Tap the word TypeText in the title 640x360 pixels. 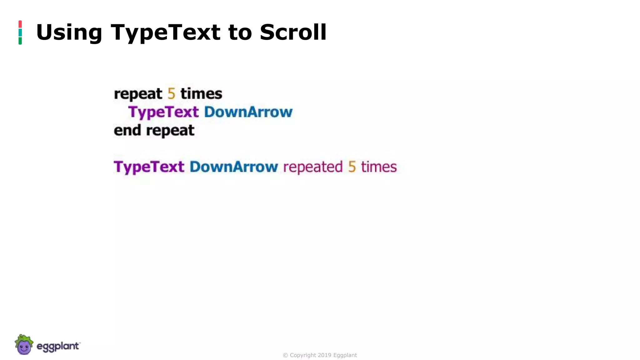coord(166,32)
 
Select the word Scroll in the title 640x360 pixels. coord(293,32)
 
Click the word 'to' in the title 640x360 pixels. coord(240,32)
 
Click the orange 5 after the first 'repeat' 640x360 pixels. coord(171,94)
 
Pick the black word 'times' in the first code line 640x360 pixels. coord(201,94)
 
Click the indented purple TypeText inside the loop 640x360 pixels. coord(163,112)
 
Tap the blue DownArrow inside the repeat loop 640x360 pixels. coord(248,112)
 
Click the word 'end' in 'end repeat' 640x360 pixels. coord(127,130)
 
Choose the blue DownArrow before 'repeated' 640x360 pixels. coord(233,167)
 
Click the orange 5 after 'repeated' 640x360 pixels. coord(352,167)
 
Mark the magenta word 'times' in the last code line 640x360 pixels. coord(379,167)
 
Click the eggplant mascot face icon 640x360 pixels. coord(24,345)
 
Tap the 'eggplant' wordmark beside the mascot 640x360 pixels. coord(58,347)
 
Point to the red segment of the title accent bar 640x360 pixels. coord(20,24)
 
